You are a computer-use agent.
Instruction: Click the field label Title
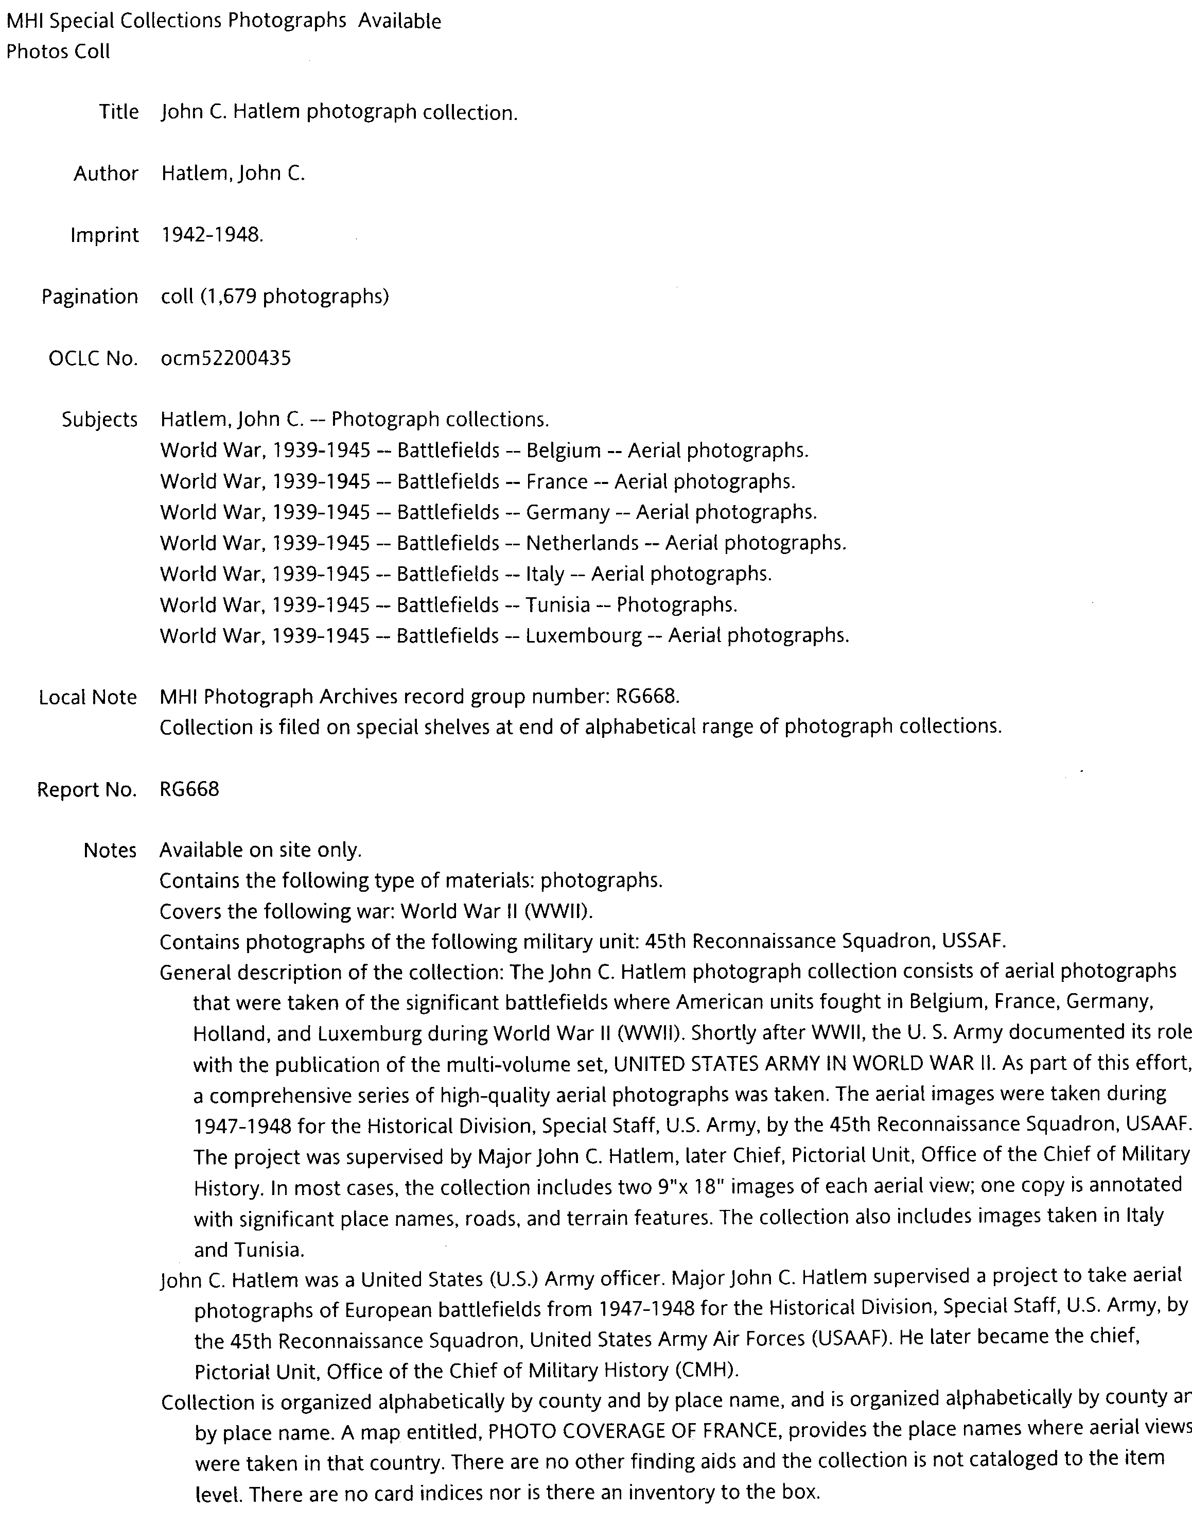[119, 112]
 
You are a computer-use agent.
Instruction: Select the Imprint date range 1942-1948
[212, 235]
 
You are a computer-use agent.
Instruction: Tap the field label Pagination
[90, 297]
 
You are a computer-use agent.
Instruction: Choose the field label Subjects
[99, 420]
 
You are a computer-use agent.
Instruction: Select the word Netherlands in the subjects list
[582, 543]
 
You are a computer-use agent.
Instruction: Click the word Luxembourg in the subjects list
[584, 636]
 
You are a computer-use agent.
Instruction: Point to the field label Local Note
[87, 697]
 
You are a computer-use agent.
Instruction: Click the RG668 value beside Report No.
[189, 789]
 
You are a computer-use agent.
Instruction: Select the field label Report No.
[86, 789]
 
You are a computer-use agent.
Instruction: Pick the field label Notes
[110, 850]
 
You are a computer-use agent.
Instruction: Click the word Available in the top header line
[399, 22]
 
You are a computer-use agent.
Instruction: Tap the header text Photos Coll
[58, 51]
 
